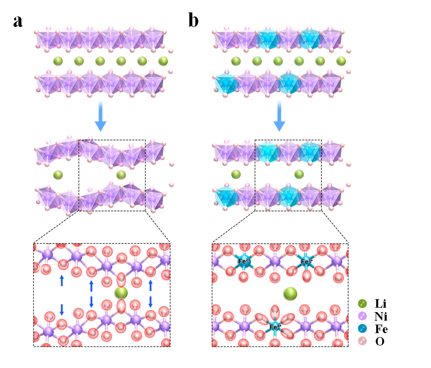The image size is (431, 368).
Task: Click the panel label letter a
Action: (17, 21)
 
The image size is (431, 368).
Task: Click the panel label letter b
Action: (193, 21)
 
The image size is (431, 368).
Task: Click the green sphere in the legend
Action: (363, 303)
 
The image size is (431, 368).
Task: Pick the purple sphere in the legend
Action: (363, 316)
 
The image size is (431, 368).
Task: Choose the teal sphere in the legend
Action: (363, 329)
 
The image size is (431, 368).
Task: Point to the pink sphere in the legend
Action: (363, 341)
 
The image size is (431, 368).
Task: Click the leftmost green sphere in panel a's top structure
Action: (58, 61)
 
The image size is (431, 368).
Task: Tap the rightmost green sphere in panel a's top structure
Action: (163, 61)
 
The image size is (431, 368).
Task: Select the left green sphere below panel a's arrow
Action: (58, 175)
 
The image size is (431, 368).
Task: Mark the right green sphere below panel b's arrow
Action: (299, 174)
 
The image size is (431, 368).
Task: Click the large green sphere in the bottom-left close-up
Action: (121, 292)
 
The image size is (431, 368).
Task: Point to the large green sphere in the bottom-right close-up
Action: (290, 294)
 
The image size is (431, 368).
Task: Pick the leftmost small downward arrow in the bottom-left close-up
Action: (62, 309)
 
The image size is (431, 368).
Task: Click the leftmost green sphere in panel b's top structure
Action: (236, 61)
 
